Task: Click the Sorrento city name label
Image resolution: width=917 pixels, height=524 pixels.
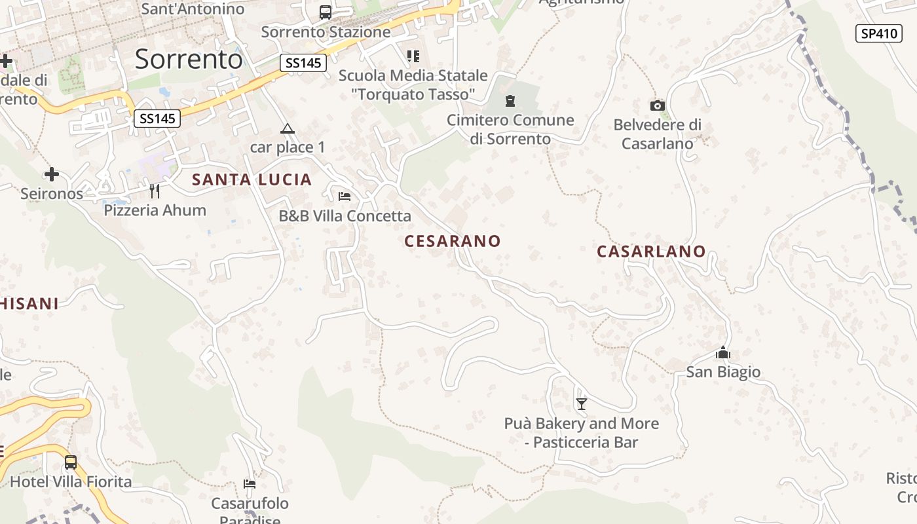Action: (x=189, y=60)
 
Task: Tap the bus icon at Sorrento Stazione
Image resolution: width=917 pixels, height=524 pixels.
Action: (x=326, y=12)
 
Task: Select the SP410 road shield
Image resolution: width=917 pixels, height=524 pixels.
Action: (x=878, y=33)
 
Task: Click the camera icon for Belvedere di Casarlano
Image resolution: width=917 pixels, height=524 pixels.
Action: (x=657, y=105)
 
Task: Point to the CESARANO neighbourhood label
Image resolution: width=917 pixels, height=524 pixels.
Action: (x=452, y=241)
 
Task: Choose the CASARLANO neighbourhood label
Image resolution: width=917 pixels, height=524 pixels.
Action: (x=651, y=252)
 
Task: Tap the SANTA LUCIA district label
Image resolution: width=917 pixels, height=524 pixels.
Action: (x=252, y=179)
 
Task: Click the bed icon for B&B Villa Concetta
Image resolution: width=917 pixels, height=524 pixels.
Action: (x=345, y=196)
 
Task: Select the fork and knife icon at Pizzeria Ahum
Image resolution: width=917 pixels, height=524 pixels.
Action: (x=155, y=191)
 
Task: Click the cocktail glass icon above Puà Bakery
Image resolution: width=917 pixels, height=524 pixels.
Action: (x=581, y=403)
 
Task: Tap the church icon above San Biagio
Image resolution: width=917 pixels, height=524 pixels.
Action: (x=722, y=353)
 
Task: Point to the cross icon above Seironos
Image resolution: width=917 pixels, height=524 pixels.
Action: (x=52, y=174)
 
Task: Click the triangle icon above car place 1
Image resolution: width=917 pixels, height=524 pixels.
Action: (x=287, y=128)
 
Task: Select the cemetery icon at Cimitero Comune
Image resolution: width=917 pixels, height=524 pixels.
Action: (x=510, y=101)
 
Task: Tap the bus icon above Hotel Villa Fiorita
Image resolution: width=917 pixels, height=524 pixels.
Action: (x=71, y=462)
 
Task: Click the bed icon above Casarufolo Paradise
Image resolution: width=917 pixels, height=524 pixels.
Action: (x=249, y=484)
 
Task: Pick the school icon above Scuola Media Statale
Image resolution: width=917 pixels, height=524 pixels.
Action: (x=413, y=56)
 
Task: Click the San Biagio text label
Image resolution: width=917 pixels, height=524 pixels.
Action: (x=723, y=372)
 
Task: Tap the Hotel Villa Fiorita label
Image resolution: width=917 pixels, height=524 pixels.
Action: (x=71, y=482)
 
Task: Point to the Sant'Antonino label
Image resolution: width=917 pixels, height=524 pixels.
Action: (x=193, y=9)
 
